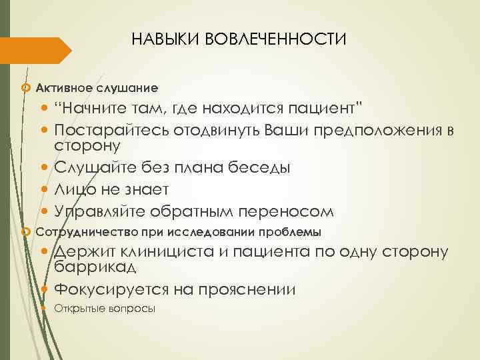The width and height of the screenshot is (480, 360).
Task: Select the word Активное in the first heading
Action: pos(63,87)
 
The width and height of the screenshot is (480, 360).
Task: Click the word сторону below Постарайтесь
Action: pos(87,143)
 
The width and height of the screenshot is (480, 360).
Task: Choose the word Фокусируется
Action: pos(111,290)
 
